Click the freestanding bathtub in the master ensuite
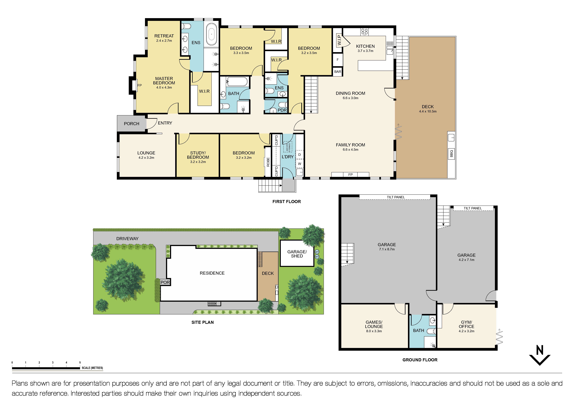(x=211, y=34)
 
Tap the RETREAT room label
(x=164, y=36)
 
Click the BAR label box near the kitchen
(x=338, y=72)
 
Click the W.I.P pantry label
(x=339, y=40)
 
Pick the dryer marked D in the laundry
(x=300, y=155)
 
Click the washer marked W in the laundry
(x=300, y=164)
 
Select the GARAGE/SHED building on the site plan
(x=297, y=254)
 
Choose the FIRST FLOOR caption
(x=286, y=201)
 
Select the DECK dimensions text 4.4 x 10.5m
(x=428, y=111)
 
